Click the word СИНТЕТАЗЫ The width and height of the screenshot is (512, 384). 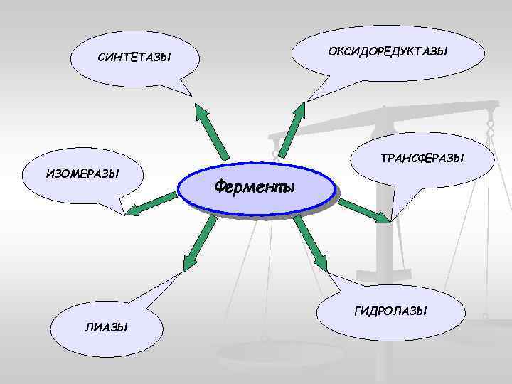pos(135,57)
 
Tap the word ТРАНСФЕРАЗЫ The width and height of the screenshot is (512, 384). pos(422,158)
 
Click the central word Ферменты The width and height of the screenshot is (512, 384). pos(254,188)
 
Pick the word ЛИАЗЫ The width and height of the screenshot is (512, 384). pos(106,327)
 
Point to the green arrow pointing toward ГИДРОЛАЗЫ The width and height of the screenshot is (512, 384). pos(311,244)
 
